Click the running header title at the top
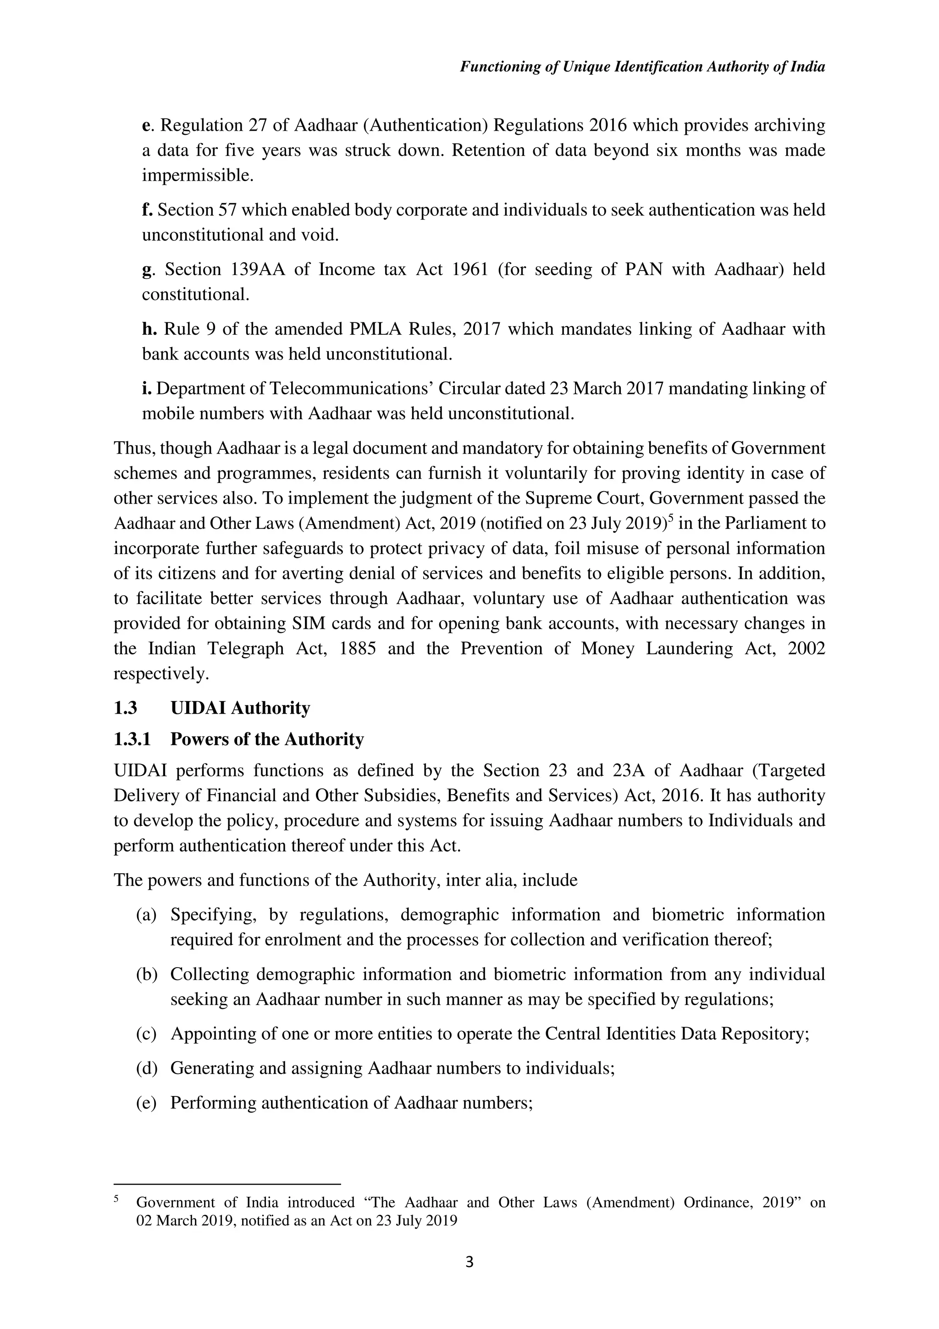pyautogui.click(x=642, y=67)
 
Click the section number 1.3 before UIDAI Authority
pyautogui.click(x=125, y=708)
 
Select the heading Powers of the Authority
pyautogui.click(x=267, y=739)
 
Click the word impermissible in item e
pyautogui.click(x=197, y=175)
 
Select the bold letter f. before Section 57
pyautogui.click(x=147, y=210)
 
